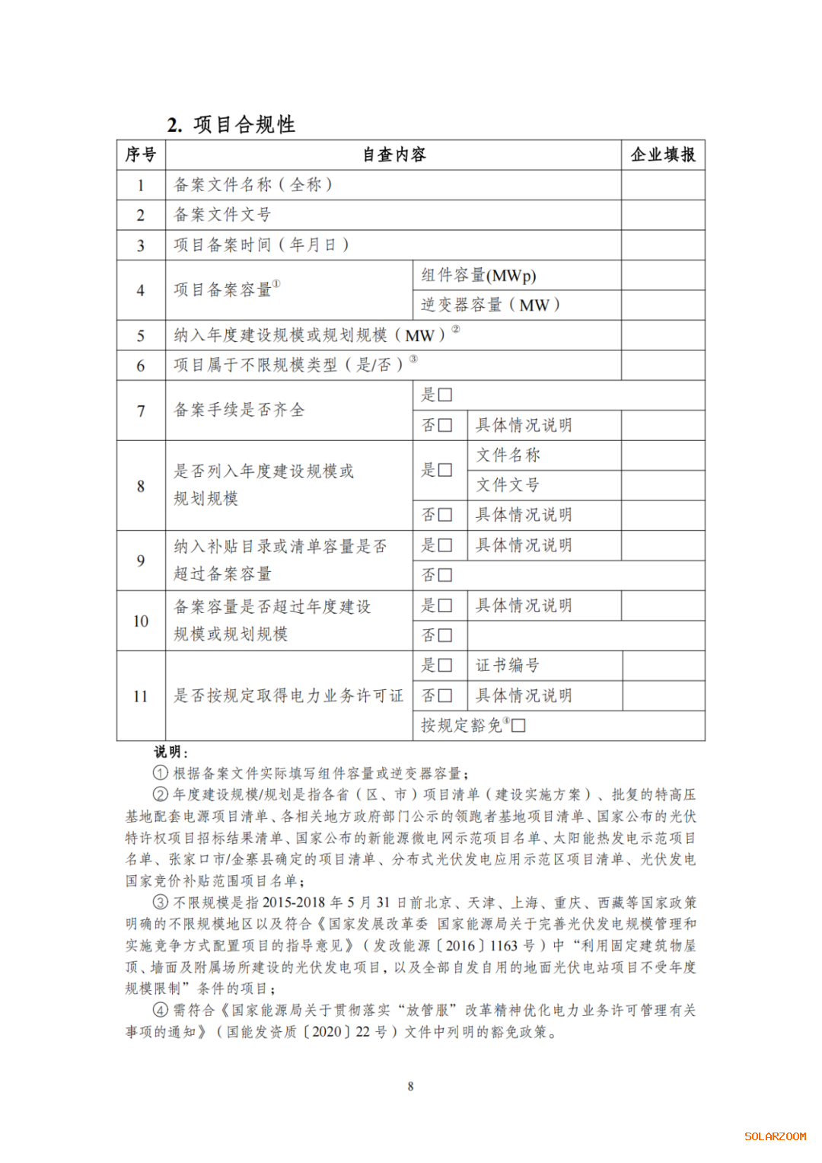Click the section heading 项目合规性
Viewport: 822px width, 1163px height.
(x=244, y=124)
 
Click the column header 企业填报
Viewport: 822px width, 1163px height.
(x=663, y=155)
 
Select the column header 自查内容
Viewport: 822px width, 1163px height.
(x=393, y=155)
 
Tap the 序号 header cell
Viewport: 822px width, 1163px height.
(x=141, y=155)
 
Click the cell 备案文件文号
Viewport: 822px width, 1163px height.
(x=222, y=215)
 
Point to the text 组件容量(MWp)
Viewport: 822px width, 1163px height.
(x=479, y=275)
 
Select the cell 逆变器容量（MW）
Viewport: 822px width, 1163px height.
(x=491, y=305)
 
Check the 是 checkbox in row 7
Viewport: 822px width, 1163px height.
(x=445, y=395)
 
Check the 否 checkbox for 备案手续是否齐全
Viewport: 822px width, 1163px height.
(x=445, y=425)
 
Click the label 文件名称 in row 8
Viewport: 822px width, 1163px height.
(x=508, y=455)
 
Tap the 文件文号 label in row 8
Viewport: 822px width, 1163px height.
(x=508, y=485)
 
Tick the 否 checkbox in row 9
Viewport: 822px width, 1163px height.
(x=445, y=575)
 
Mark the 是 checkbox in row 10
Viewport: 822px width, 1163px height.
(x=445, y=605)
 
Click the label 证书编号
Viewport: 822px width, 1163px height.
(x=508, y=666)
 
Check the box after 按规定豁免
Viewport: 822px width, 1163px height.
(x=519, y=725)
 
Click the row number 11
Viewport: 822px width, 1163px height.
(x=141, y=696)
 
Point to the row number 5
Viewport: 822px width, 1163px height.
(x=141, y=336)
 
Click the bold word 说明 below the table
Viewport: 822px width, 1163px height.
(x=168, y=752)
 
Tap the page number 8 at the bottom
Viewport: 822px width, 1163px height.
(x=411, y=1086)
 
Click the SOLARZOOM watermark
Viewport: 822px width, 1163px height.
(x=775, y=1136)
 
